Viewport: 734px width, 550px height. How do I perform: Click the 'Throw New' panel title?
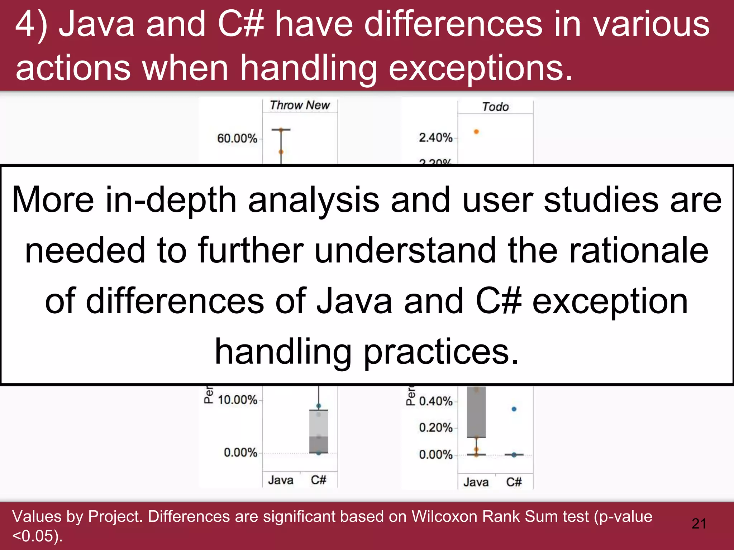(300, 105)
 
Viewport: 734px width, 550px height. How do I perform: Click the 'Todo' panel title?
(495, 107)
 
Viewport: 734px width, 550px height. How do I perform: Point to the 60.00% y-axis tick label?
(237, 138)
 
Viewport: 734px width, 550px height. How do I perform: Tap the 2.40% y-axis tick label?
(435, 137)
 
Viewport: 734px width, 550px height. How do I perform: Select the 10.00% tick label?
(237, 400)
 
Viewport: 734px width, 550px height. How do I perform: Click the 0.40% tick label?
(435, 401)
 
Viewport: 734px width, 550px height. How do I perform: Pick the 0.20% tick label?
(435, 428)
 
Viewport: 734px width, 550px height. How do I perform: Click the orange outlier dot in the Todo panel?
(476, 132)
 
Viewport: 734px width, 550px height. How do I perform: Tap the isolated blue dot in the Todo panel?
(514, 409)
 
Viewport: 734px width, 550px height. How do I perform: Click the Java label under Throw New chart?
(281, 480)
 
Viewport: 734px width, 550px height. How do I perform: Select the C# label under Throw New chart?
(318, 480)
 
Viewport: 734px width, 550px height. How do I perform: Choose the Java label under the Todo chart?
(476, 482)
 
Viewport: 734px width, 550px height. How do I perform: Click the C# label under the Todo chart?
(514, 482)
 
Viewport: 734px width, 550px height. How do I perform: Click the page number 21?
(699, 524)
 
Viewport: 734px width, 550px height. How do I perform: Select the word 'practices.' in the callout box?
(441, 352)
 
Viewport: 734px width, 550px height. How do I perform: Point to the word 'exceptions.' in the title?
(480, 68)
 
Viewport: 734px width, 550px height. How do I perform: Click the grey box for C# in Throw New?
(319, 431)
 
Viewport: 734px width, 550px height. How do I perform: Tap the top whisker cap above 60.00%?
(281, 130)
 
